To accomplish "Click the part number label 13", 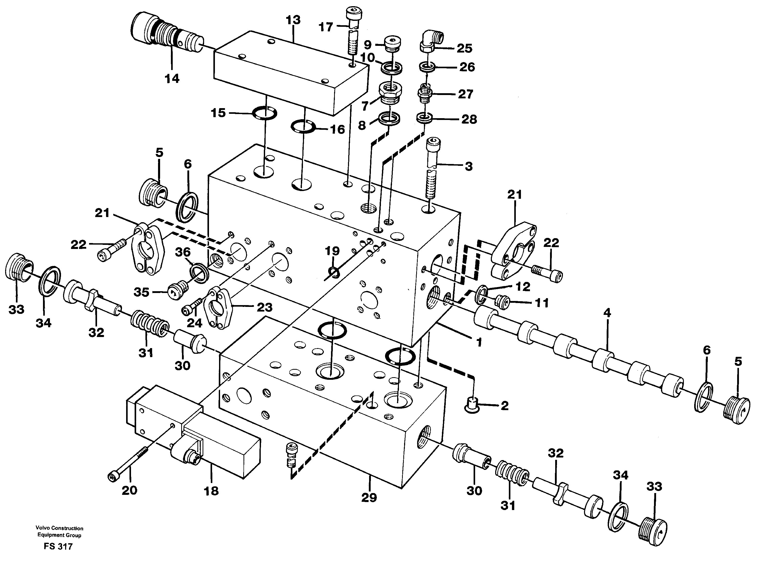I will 293,20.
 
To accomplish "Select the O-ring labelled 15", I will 265,113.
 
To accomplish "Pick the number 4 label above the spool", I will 607,313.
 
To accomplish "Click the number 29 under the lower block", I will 369,497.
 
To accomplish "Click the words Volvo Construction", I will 59,528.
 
